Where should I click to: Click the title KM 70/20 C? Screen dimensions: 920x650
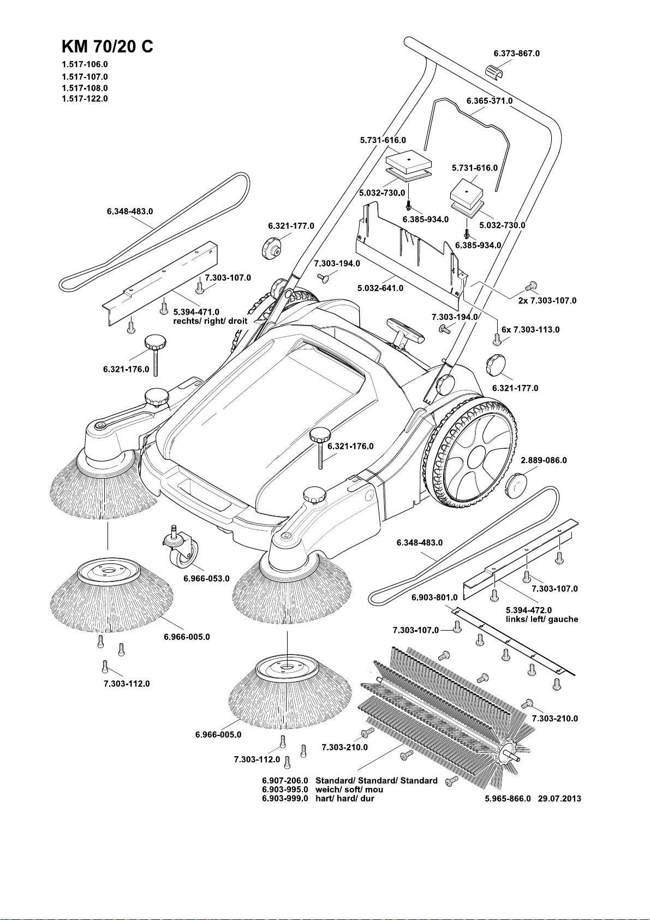point(108,46)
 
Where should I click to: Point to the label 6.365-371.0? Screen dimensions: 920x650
point(489,101)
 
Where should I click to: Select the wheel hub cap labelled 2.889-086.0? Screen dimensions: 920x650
point(516,485)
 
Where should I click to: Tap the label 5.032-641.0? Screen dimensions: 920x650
point(380,288)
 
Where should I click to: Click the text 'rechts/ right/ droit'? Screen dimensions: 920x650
point(210,321)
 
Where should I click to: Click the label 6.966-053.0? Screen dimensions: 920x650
point(206,578)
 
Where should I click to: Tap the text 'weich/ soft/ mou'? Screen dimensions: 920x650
point(349,790)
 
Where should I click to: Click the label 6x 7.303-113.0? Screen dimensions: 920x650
point(530,330)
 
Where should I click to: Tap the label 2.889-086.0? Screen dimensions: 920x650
point(544,460)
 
